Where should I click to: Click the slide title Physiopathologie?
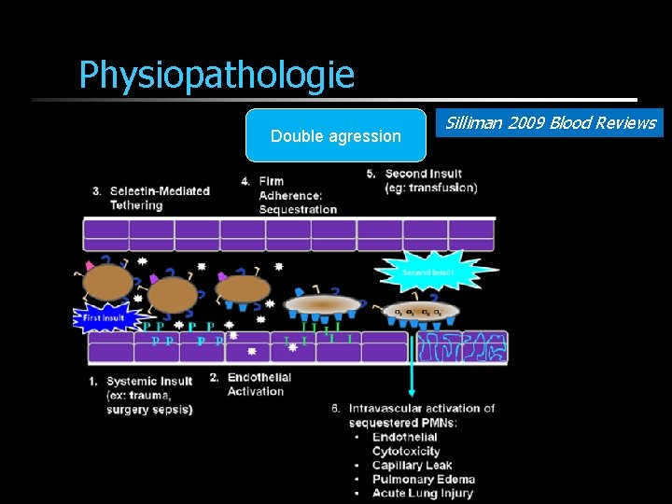click(217, 75)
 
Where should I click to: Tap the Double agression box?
click(335, 136)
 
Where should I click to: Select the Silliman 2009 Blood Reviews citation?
click(549, 123)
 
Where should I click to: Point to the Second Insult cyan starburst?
click(428, 273)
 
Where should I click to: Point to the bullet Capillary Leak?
click(412, 465)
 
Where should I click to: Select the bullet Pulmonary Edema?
click(422, 479)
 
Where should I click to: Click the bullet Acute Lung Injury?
click(422, 493)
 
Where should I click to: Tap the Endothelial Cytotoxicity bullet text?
click(405, 444)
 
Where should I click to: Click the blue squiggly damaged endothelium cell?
click(461, 346)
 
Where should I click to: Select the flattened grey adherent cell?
click(322, 304)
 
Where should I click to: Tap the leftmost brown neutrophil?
click(108, 282)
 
